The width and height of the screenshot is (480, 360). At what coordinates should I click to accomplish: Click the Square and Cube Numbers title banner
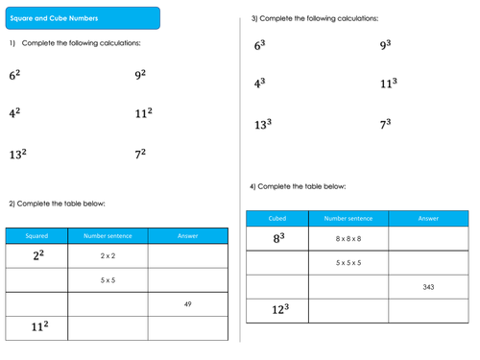coord(81,18)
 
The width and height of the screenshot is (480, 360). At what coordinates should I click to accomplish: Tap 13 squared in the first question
coord(18,154)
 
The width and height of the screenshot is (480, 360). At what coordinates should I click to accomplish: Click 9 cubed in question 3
coord(385,45)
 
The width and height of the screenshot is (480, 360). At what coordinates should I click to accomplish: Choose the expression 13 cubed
coord(262,125)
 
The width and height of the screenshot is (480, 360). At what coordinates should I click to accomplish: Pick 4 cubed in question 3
coord(259,84)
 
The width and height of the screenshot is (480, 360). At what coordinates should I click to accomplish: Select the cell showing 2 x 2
coord(108,256)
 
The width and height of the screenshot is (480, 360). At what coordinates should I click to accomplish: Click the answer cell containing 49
coord(188,304)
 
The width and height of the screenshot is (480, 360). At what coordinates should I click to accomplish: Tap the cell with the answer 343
coord(428,287)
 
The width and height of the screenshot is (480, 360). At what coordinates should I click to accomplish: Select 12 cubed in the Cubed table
coord(278,310)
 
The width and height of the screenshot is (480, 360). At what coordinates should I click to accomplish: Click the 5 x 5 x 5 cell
coord(348,262)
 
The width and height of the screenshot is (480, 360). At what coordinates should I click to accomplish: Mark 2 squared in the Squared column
coord(37,255)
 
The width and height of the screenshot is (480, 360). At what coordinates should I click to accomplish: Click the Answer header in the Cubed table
coord(428,218)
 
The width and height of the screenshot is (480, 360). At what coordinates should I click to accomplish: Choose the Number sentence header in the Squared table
coord(108,235)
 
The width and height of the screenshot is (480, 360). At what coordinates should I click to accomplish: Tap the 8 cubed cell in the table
coord(278,238)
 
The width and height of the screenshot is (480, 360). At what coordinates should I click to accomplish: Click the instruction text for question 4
coord(298,186)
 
